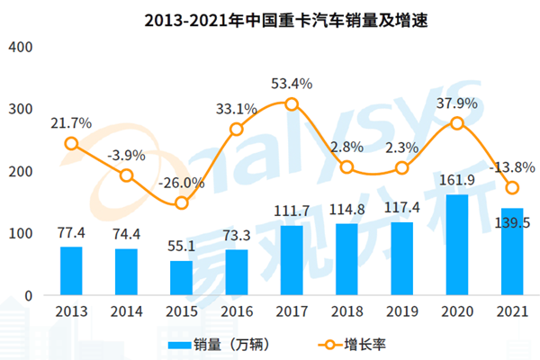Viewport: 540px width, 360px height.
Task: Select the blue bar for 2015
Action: tap(182, 278)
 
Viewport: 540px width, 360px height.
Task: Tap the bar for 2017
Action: tap(292, 260)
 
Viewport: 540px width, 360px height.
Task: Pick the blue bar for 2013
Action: tap(72, 271)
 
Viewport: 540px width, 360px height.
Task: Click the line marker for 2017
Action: tap(292, 104)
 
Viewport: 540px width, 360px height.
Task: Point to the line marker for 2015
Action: tap(182, 202)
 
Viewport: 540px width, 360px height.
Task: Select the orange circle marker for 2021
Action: tap(512, 187)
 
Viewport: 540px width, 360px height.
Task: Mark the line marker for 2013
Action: tap(72, 143)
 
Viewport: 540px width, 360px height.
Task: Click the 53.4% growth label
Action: tap(292, 84)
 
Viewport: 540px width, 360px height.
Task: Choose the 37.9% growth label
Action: tap(457, 102)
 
